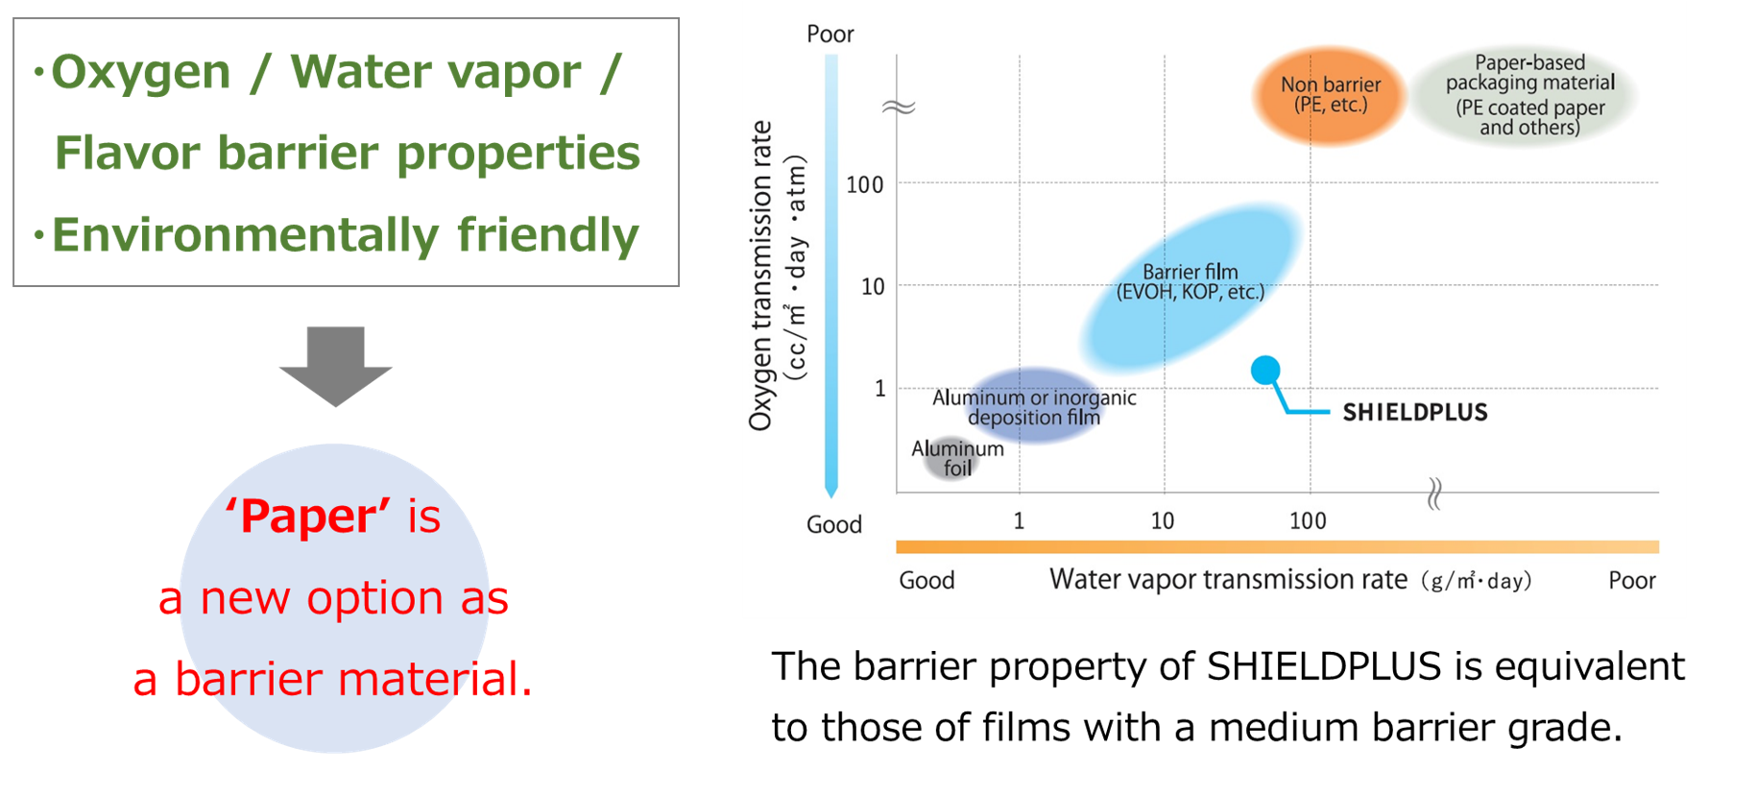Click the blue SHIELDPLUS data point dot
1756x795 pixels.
click(x=1265, y=370)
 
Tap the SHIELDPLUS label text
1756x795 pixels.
click(x=1415, y=413)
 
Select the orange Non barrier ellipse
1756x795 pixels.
click(x=1330, y=95)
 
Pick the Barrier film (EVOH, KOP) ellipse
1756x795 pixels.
click(x=1191, y=286)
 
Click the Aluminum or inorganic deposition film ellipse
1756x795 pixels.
click(x=1033, y=405)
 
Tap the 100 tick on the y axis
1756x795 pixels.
click(x=864, y=184)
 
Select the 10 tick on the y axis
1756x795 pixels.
click(x=873, y=286)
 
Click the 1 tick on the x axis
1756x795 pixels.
click(x=1019, y=520)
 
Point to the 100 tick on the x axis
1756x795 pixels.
click(x=1308, y=520)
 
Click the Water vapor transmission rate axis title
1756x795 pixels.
click(x=1290, y=580)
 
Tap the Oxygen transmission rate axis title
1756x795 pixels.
click(x=777, y=276)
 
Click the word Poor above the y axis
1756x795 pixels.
click(x=830, y=35)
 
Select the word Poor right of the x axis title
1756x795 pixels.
click(x=1632, y=580)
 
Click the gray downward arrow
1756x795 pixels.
click(x=335, y=365)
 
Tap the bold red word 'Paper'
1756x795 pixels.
click(x=307, y=517)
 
